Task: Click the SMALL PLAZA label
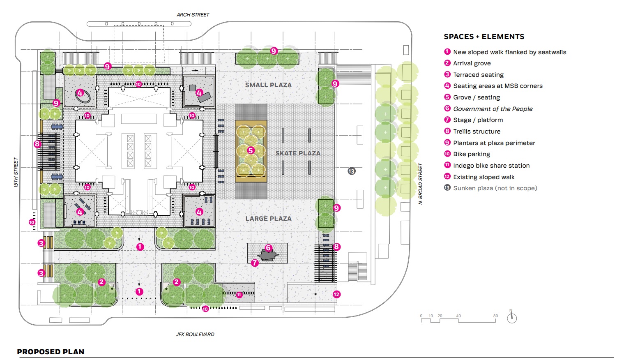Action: tap(268, 85)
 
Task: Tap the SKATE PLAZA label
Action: tap(298, 153)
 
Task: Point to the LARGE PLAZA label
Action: tap(268, 219)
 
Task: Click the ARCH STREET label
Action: tap(193, 15)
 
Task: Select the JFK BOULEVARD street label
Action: tap(195, 335)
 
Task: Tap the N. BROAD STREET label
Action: tap(420, 184)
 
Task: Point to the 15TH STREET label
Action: tap(16, 172)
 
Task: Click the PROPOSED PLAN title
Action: tap(51, 352)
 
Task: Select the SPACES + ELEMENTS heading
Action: tap(484, 37)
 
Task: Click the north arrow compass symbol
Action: tap(511, 318)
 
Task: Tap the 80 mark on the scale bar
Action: tap(495, 316)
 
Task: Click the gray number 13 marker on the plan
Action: tap(351, 171)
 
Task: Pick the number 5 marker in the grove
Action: tap(251, 150)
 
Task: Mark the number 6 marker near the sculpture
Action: tap(268, 248)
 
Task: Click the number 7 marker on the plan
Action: tap(255, 263)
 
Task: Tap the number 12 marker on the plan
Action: tap(336, 294)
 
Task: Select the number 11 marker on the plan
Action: tap(239, 295)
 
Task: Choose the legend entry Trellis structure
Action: tap(477, 132)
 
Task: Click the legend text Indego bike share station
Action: tap(491, 166)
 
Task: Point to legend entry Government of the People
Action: tap(493, 109)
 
